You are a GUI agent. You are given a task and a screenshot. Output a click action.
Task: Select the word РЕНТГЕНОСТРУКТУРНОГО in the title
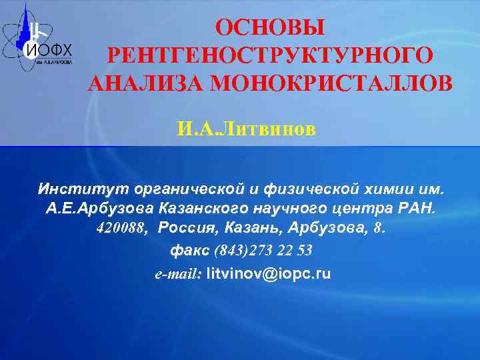269,55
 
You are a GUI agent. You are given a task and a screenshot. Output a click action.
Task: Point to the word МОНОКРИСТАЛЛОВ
335,83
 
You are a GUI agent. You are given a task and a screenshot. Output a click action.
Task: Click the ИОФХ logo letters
48,49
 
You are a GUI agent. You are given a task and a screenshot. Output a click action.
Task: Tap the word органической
189,186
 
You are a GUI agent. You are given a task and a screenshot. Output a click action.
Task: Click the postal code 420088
125,229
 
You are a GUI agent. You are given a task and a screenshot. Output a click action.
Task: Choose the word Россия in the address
189,229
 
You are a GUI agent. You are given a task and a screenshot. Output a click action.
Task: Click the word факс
190,251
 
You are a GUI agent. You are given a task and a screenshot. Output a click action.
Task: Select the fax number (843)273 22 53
263,251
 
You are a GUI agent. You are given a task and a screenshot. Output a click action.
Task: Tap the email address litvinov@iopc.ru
269,273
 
